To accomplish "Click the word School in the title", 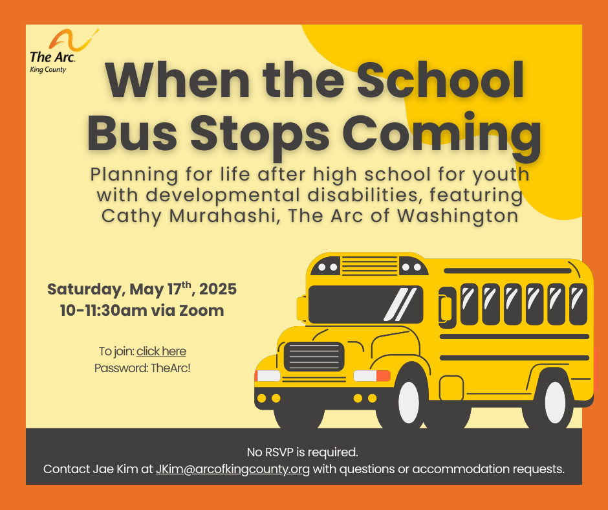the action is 440,80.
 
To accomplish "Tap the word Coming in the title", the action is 442,134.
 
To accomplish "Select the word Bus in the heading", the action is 132,133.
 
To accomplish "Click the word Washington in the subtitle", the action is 458,217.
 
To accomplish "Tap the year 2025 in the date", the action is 218,289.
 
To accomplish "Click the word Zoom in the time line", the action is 202,311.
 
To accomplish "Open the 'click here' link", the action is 161,351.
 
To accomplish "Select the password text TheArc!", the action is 170,368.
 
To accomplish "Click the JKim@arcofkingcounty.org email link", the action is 233,469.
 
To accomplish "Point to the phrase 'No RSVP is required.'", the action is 303,452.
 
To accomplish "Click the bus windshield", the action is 365,304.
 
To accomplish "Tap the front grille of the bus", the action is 314,357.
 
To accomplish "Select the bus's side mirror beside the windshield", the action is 301,308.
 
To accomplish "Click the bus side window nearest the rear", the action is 578,304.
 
